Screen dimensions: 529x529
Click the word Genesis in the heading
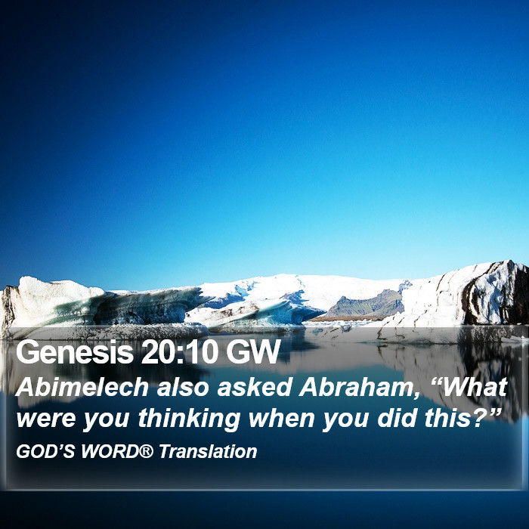pyautogui.click(x=75, y=353)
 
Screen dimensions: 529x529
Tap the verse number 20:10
pyautogui.click(x=180, y=352)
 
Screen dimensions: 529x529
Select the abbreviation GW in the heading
pyautogui.click(x=253, y=352)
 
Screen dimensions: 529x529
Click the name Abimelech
pyautogui.click(x=82, y=387)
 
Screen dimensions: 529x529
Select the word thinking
pyautogui.click(x=189, y=419)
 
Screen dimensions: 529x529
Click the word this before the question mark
pyautogui.click(x=445, y=418)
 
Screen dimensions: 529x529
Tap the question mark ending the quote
pyautogui.click(x=475, y=418)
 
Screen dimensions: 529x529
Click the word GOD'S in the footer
pyautogui.click(x=45, y=451)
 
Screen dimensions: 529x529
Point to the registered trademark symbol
pyautogui.click(x=146, y=451)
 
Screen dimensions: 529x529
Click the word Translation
pyautogui.click(x=208, y=451)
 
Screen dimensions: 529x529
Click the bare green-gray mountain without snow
pyautogui.click(x=368, y=304)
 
